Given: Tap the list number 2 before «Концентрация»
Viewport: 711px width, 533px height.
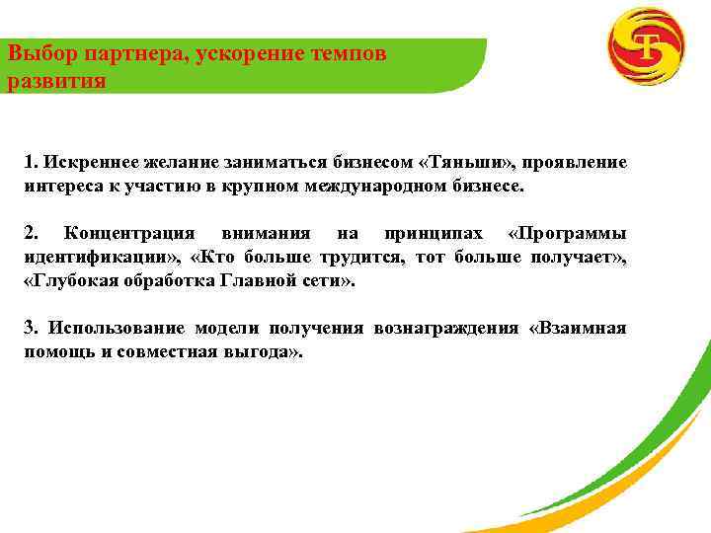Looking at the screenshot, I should [x=31, y=233].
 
